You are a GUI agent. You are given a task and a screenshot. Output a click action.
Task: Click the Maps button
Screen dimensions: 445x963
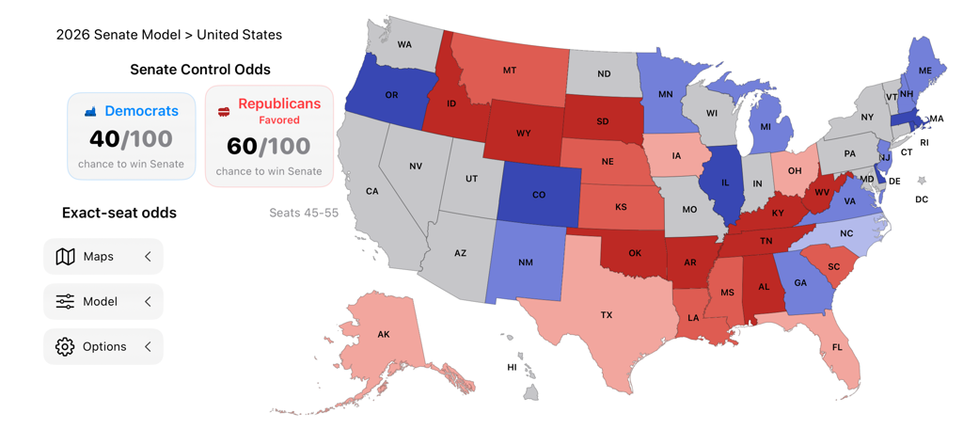[103, 257]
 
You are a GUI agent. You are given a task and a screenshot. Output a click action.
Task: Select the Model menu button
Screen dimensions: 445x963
[103, 302]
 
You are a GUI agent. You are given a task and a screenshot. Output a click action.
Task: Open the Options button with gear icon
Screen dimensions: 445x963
[103, 347]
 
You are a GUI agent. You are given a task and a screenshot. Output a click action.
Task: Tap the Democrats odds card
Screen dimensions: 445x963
[132, 136]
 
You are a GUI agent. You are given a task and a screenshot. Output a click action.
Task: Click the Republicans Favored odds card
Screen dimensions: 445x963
[269, 136]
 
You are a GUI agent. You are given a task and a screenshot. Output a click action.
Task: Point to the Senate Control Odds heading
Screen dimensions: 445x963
[199, 70]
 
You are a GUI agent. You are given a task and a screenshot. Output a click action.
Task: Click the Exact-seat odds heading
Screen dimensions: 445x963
[119, 213]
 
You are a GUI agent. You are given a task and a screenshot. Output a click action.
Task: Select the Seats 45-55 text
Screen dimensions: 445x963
[303, 213]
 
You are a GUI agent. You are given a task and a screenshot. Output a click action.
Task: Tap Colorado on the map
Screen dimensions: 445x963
[538, 195]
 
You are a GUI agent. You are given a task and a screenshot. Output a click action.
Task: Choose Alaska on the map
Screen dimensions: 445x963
[386, 334]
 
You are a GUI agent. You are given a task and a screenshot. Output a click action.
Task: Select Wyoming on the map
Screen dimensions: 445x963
[523, 133]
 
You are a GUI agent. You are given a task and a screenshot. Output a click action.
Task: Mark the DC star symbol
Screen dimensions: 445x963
[922, 181]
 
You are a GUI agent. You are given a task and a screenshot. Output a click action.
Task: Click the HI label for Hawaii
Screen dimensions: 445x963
[512, 367]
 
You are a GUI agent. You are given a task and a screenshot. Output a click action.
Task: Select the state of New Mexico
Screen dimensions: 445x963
[525, 262]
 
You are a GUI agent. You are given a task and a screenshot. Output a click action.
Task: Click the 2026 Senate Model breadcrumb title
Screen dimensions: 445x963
[168, 35]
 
